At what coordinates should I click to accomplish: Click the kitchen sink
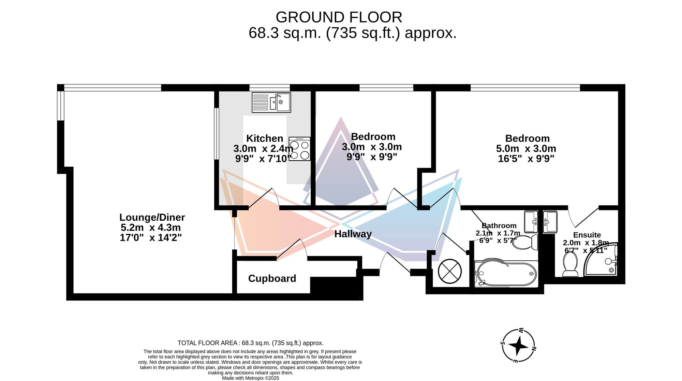[271, 102]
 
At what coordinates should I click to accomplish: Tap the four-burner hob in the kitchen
[299, 149]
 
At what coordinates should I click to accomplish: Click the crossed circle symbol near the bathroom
[450, 272]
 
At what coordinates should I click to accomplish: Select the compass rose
[518, 346]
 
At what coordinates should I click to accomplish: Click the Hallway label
[353, 234]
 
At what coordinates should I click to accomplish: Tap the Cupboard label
[272, 278]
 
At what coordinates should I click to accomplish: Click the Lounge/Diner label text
[152, 217]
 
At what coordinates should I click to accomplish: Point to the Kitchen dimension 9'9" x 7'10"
[263, 159]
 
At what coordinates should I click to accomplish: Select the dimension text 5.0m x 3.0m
[526, 149]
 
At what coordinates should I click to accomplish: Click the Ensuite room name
[587, 235]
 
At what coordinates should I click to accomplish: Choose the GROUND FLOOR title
[339, 17]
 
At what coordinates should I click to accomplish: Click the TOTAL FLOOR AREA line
[251, 343]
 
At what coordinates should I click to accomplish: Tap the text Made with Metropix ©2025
[251, 378]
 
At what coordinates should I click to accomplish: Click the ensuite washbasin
[550, 222]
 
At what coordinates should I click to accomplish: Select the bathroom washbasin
[531, 222]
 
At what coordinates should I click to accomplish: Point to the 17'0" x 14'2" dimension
[151, 237]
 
